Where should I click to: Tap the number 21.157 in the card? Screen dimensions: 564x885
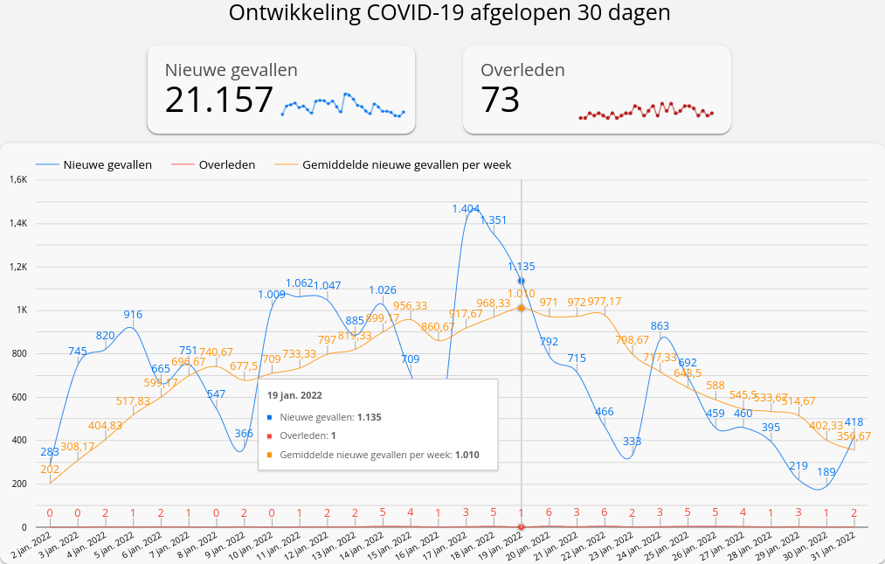(219, 100)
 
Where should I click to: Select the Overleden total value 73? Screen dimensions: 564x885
(501, 100)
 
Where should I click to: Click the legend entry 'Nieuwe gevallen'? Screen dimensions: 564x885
(107, 164)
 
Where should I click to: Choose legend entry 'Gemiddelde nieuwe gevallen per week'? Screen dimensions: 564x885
(406, 164)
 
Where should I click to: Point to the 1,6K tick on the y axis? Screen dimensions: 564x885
(18, 180)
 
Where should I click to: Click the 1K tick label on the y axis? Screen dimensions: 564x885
(23, 310)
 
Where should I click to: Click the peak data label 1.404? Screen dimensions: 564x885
(466, 208)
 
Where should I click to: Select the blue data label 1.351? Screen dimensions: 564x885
(494, 219)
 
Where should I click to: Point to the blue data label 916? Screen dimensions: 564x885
(133, 315)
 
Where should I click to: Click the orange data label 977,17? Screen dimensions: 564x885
(605, 302)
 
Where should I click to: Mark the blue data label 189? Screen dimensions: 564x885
(826, 472)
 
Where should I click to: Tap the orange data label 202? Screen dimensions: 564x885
(50, 470)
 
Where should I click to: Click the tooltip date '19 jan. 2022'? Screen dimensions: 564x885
(294, 395)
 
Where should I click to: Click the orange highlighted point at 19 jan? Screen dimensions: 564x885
(522, 308)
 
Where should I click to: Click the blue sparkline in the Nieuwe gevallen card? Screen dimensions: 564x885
(343, 105)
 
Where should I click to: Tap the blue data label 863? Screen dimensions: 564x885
(660, 326)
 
